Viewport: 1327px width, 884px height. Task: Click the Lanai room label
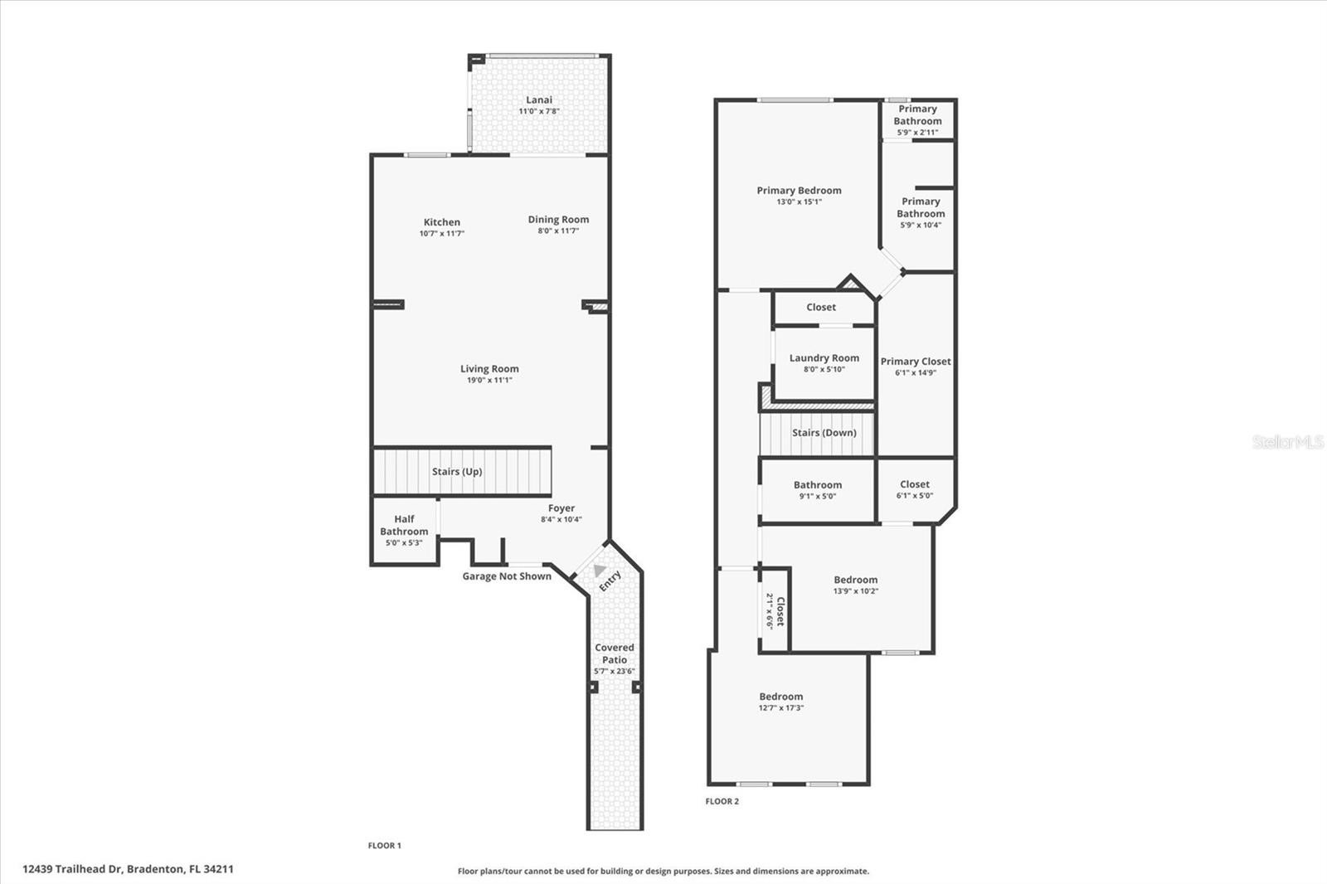[539, 100]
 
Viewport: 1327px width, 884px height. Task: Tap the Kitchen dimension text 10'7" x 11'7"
[442, 234]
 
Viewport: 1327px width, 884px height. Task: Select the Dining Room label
[559, 219]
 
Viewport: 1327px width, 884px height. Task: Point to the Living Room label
[489, 368]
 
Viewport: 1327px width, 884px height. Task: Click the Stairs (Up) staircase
[462, 471]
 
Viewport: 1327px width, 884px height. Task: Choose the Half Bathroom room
[405, 531]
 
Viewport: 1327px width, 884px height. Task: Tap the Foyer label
[561, 508]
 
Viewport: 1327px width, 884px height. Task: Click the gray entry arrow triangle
[600, 570]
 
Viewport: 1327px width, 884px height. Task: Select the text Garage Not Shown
[507, 576]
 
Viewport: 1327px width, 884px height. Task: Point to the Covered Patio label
[615, 653]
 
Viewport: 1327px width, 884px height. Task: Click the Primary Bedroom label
[800, 190]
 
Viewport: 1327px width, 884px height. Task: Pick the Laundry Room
[824, 362]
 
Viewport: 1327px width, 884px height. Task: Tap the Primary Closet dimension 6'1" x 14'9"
[916, 372]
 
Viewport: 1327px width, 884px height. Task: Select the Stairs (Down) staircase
[817, 435]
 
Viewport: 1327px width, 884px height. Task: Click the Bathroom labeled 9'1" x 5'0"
[818, 491]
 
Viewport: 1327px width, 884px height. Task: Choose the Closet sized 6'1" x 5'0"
[916, 490]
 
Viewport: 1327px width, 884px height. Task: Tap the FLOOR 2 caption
[722, 801]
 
